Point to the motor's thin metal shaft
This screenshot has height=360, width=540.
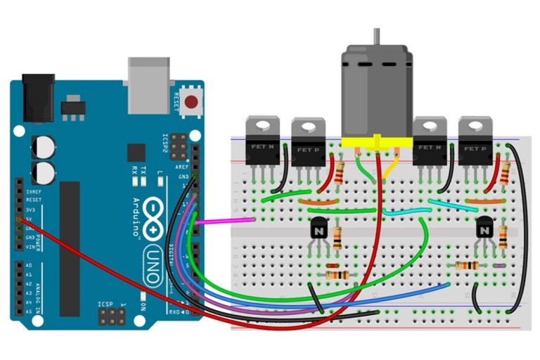click(378, 35)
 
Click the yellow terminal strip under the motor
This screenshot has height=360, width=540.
click(375, 140)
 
